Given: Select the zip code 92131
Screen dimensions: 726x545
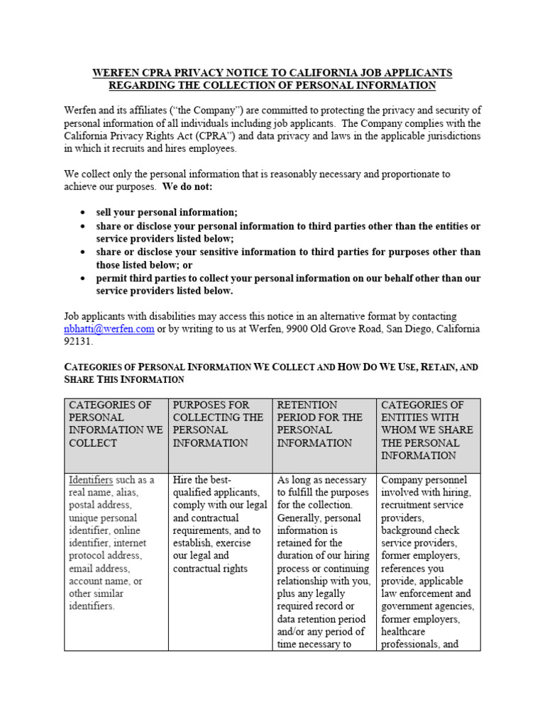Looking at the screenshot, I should pyautogui.click(x=79, y=341).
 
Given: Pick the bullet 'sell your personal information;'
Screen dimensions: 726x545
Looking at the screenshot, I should pyautogui.click(x=167, y=213).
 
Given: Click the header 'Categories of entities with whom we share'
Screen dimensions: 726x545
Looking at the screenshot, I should pyautogui.click(x=428, y=430).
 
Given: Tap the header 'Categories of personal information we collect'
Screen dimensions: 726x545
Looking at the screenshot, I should pyautogui.click(x=116, y=423).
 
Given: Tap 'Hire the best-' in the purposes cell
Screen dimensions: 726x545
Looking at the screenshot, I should pyautogui.click(x=202, y=480).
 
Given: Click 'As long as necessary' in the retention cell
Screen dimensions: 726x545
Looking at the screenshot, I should pyautogui.click(x=321, y=480).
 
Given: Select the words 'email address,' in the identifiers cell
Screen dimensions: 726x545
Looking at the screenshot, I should pyautogui.click(x=99, y=569).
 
